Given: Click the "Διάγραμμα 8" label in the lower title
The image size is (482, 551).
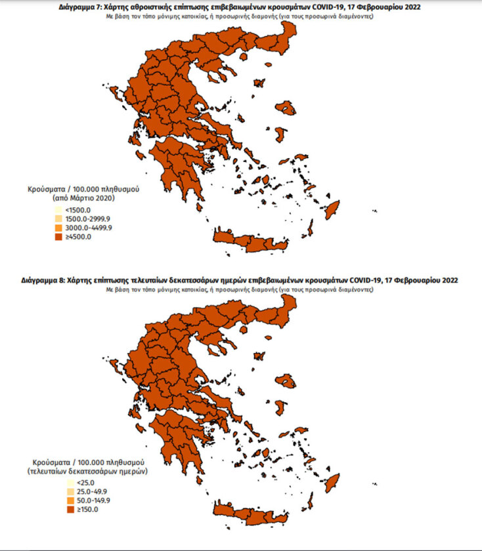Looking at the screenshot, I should (x=47, y=280).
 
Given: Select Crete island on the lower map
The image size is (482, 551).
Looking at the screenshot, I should (x=250, y=513).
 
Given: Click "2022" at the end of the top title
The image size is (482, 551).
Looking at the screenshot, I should (x=411, y=7).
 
